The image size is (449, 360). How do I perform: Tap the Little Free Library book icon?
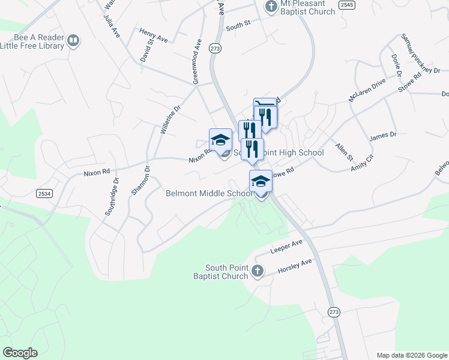tap(73, 41)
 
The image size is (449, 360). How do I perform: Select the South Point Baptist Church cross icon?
tap(258, 271)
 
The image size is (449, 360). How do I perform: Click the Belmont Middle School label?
tap(209, 193)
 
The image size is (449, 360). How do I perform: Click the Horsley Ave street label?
tap(295, 267)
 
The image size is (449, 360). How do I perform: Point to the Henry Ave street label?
tap(153, 35)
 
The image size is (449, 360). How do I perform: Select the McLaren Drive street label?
tap(367, 90)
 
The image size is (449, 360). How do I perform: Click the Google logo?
tap(20, 353)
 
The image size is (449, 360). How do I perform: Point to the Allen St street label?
tap(345, 152)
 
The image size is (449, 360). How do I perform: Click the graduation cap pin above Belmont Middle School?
tap(261, 181)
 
